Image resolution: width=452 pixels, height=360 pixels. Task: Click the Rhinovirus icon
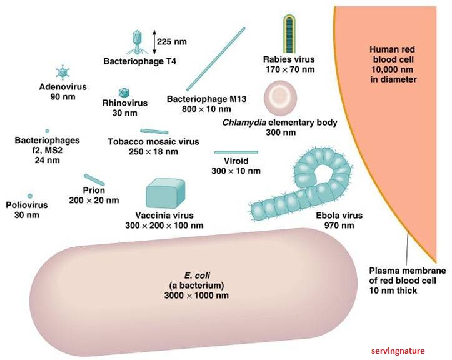pyautogui.click(x=123, y=91)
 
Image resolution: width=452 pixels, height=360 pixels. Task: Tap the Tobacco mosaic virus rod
pyautogui.click(x=154, y=131)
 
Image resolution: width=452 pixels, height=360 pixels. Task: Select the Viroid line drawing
pyautogui.click(x=236, y=152)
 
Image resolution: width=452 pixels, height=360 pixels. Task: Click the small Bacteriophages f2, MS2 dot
pyautogui.click(x=47, y=131)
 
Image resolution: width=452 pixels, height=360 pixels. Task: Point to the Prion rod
pyautogui.click(x=94, y=179)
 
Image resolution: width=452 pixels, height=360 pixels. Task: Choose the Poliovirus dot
pyautogui.click(x=29, y=196)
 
